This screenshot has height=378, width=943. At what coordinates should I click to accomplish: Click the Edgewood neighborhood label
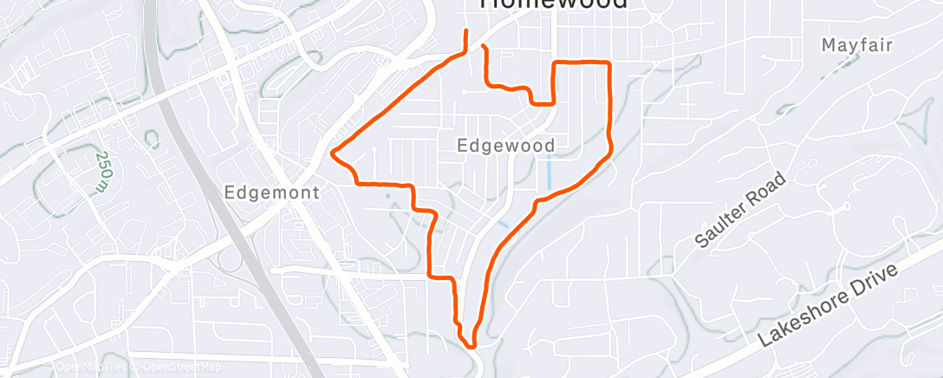[506, 145]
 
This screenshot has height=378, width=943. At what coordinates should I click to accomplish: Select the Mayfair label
[856, 44]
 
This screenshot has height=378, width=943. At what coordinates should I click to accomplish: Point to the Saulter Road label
[741, 211]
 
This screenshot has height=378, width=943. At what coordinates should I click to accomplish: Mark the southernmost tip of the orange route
[471, 346]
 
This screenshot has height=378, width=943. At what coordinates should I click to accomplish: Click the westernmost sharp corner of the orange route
[332, 154]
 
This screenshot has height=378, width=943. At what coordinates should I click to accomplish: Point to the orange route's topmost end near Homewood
[467, 31]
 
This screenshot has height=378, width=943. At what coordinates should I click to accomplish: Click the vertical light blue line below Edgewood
[550, 173]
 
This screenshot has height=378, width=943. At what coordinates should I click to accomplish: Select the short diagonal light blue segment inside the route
[503, 224]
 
